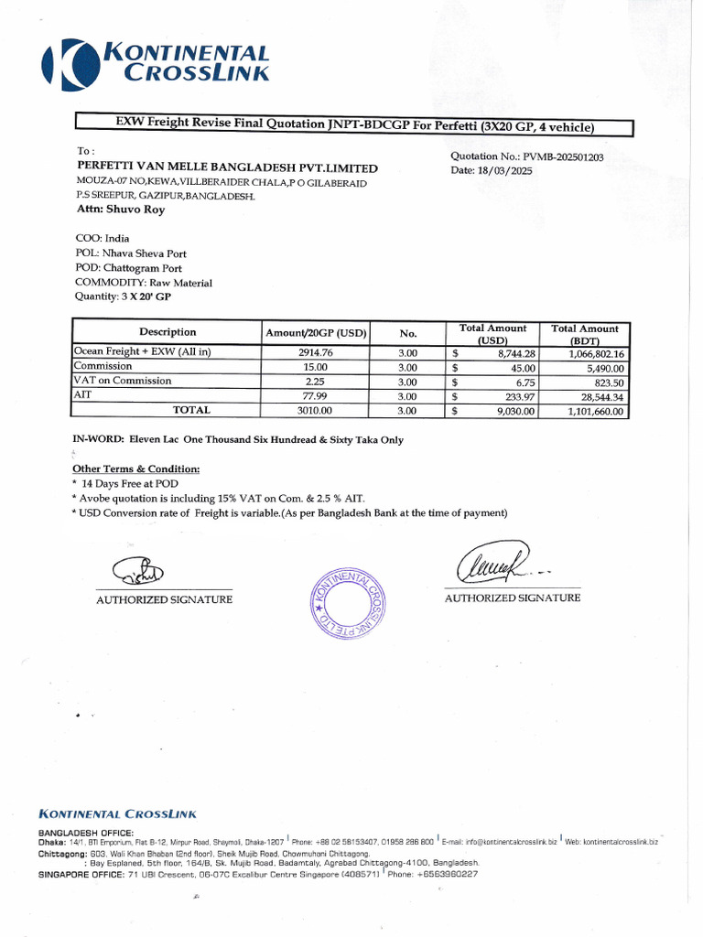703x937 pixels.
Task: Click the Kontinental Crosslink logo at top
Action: [156, 63]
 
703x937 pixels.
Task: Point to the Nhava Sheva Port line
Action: [131, 253]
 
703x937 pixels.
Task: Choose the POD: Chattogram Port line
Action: [128, 268]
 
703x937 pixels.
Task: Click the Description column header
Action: [168, 332]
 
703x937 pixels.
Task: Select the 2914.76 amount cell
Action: [316, 352]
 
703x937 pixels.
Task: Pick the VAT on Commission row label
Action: [123, 381]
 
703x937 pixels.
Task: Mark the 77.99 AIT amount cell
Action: [316, 396]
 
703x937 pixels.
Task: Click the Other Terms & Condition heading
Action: [135, 468]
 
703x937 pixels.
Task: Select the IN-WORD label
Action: [98, 439]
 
